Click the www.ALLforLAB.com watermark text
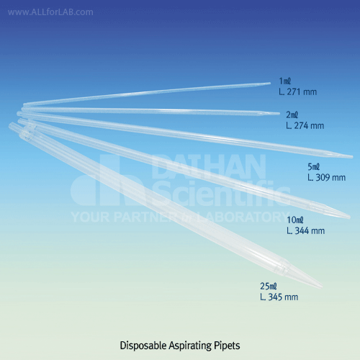tap(50, 12)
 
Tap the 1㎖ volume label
tap(285, 81)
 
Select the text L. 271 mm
tap(297, 92)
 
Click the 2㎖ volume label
tap(292, 115)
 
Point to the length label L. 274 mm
tap(305, 126)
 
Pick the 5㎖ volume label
tap(314, 167)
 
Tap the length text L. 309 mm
tap(327, 178)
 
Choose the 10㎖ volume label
tap(295, 220)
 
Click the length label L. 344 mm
tap(306, 231)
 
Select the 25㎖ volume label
tap(269, 286)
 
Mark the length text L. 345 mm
tap(279, 297)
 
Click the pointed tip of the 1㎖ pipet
tap(270, 84)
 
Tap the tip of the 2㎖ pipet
tap(279, 114)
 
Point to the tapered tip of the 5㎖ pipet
tap(352, 157)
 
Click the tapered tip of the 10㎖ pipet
tap(350, 217)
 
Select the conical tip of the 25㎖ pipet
tap(322, 286)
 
